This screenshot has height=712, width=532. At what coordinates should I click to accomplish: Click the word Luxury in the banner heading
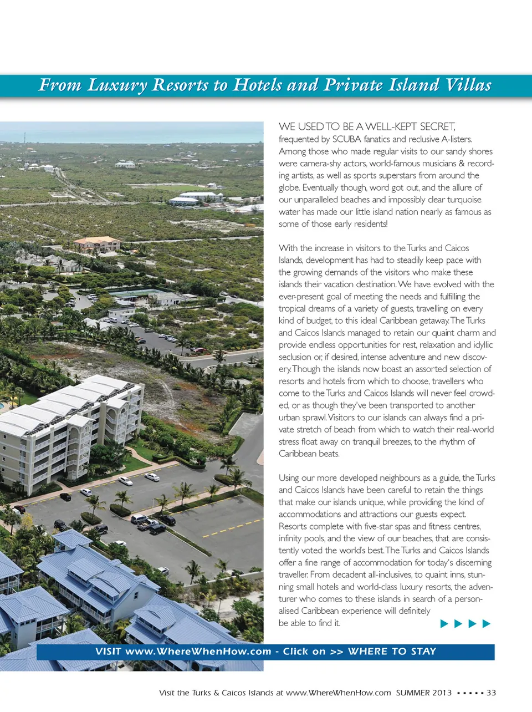point(117,85)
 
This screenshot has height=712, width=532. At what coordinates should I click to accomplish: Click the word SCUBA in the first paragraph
point(346,139)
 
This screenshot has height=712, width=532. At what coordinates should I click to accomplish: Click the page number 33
point(491,693)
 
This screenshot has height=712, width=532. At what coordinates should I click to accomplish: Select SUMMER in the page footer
point(413,693)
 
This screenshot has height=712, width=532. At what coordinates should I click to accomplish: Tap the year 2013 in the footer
point(442,693)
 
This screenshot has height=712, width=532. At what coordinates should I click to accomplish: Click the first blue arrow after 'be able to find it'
point(444,624)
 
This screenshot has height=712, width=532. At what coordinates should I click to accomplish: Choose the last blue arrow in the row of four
point(487,624)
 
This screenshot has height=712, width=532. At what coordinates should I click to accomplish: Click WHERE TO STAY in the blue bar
point(392,652)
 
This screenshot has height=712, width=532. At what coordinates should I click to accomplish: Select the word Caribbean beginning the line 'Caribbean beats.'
point(296,454)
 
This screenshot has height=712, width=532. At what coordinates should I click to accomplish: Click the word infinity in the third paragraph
point(291,538)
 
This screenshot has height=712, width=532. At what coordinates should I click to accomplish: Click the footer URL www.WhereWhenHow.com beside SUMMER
point(338,693)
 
